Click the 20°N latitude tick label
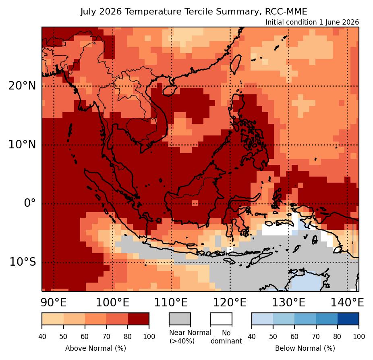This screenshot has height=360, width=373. [x=22, y=86]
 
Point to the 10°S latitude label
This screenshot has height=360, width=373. [x=23, y=262]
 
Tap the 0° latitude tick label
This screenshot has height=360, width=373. [x=30, y=203]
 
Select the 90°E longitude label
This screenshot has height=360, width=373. [x=54, y=303]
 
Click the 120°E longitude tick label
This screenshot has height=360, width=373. [x=230, y=303]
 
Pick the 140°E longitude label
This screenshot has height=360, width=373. [x=347, y=303]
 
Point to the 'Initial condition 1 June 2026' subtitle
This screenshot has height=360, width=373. [x=312, y=22]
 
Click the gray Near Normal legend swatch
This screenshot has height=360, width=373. [x=180, y=319]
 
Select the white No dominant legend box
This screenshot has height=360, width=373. [x=221, y=319]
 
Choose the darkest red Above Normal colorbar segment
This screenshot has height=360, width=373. [x=139, y=319]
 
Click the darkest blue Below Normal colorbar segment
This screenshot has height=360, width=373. [x=348, y=319]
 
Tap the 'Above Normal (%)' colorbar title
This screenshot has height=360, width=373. [x=95, y=348]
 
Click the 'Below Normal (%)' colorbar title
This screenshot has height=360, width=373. [x=305, y=348]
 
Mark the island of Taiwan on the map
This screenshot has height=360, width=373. [x=236, y=64]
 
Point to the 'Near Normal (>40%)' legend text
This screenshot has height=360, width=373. [x=190, y=337]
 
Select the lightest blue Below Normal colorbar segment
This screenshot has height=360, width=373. [x=262, y=319]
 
